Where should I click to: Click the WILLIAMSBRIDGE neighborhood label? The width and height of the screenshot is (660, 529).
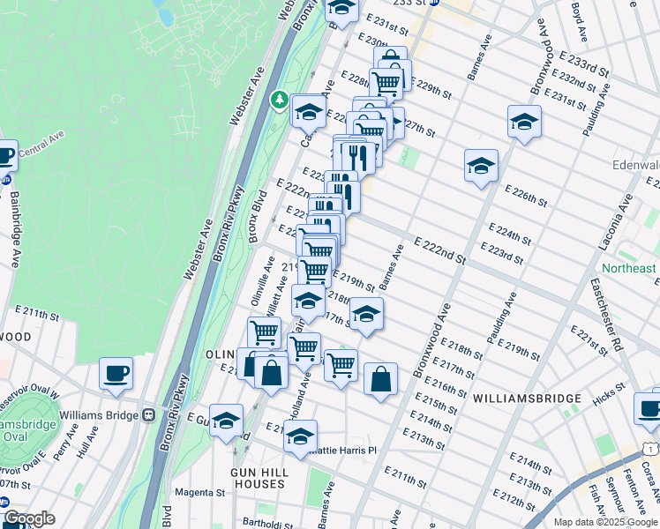tap(527, 399)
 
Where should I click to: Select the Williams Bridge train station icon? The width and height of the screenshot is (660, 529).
tap(149, 414)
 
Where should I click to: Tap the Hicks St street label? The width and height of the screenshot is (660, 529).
tap(610, 399)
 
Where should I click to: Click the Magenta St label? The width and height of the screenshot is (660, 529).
tap(200, 493)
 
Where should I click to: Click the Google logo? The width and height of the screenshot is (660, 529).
tap(28, 519)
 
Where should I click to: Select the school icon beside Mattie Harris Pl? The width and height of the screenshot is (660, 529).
tap(301, 436)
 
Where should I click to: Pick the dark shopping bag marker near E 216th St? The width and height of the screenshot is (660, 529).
tap(380, 379)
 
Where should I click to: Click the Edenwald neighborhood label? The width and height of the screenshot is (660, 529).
tap(635, 165)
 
